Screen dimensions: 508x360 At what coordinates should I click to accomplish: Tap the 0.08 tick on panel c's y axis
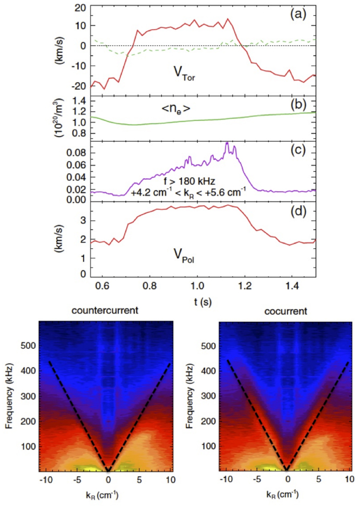(x=74, y=153)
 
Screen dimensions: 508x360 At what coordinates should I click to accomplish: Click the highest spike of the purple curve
(x=227, y=143)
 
